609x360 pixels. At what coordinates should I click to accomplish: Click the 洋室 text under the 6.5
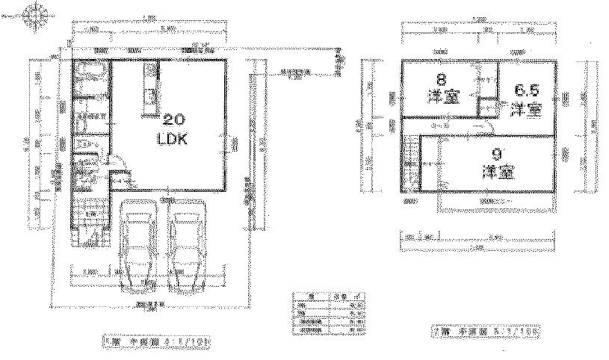coord(526,109)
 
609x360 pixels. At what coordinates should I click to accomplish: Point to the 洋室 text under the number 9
coord(496,173)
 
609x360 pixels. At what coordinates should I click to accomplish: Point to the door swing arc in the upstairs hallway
coord(480,128)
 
